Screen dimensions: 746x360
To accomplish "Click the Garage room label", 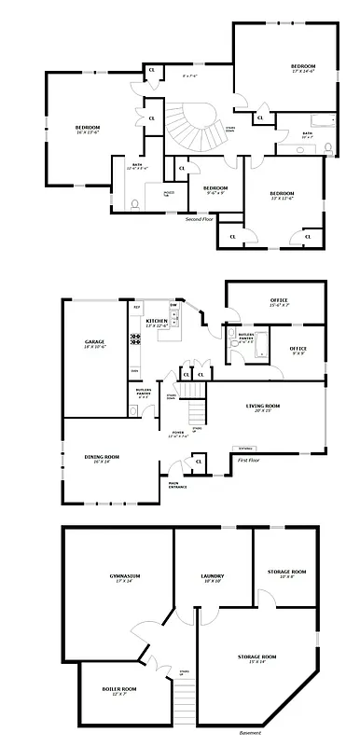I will [95, 343].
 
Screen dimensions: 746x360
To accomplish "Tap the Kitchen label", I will [157, 321].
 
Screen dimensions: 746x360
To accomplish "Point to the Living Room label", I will [262, 407].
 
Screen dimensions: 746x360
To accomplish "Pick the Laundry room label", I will [213, 577].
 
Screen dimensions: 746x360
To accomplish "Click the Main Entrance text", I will [175, 484].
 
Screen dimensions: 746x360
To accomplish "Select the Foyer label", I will [178, 433].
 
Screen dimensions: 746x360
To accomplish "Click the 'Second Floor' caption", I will [199, 219].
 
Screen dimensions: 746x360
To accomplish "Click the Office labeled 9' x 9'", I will [298, 349].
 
